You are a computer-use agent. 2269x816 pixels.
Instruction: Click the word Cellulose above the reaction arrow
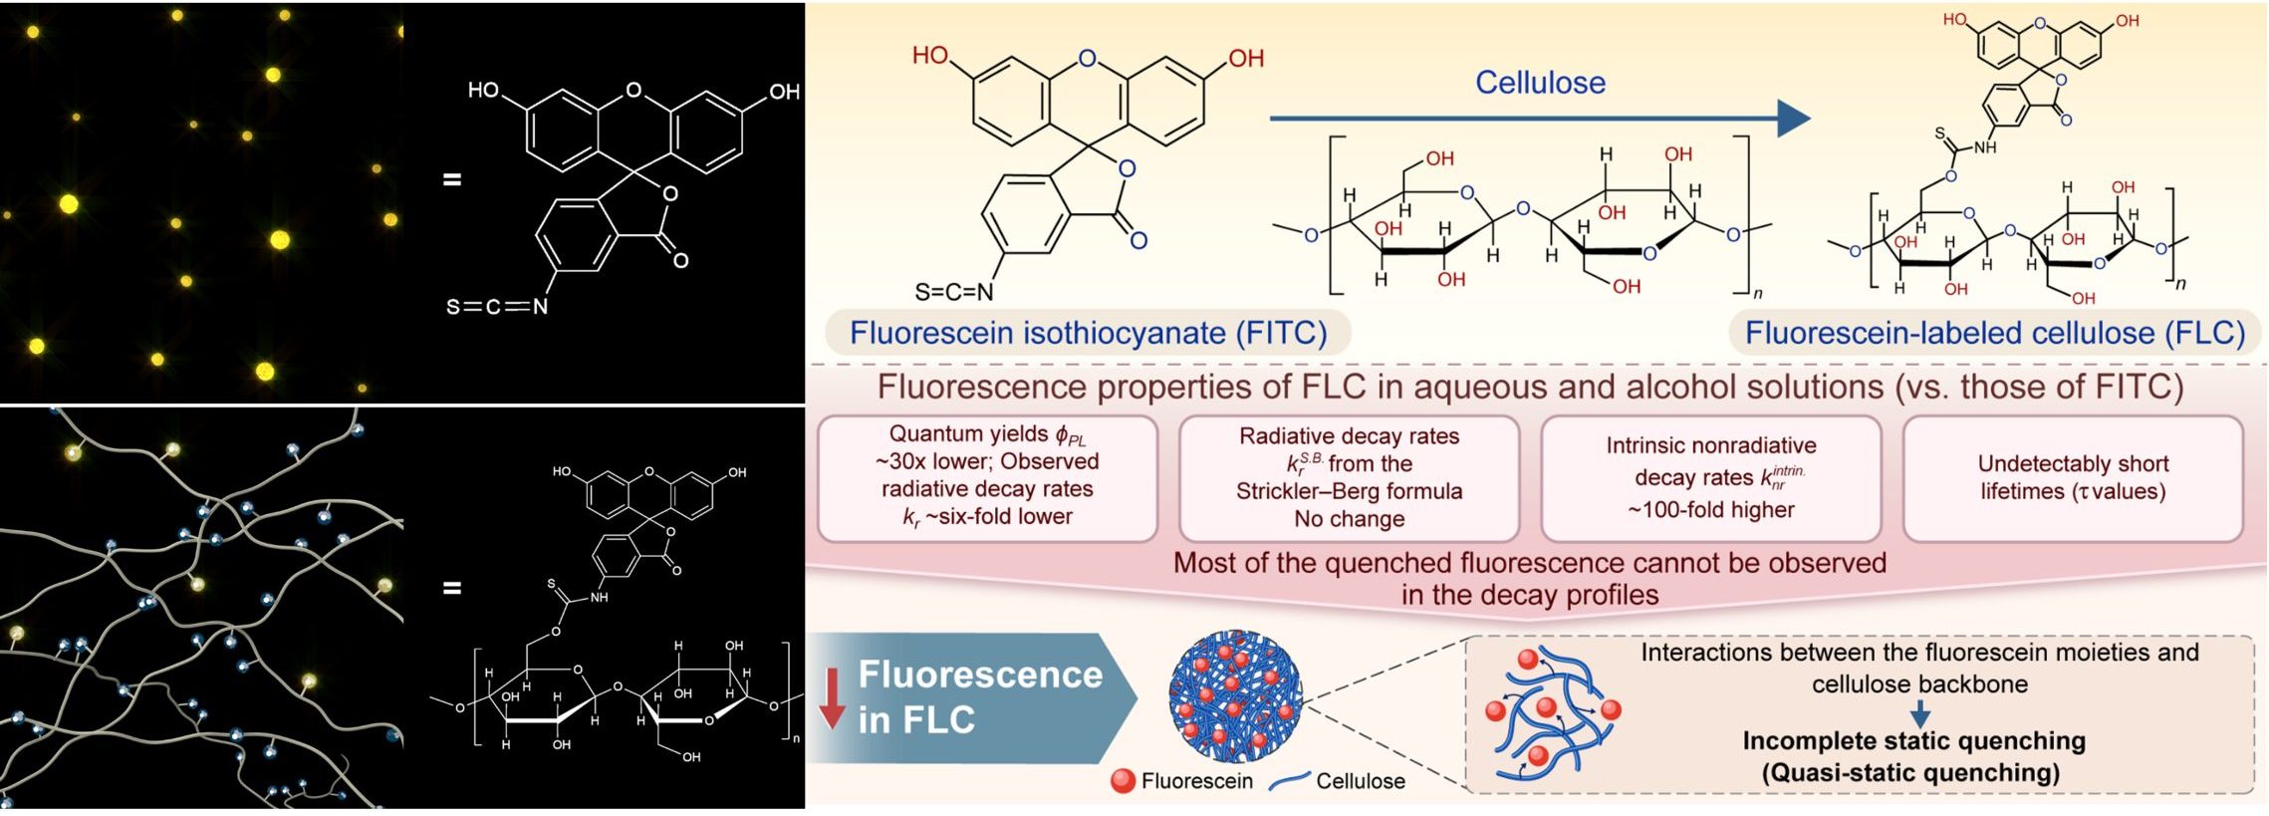1540,83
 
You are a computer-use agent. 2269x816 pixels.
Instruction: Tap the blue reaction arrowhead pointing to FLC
1794,119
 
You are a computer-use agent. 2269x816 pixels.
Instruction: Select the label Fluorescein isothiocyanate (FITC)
1088,333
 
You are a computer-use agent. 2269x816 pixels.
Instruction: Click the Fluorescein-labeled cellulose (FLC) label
1994,333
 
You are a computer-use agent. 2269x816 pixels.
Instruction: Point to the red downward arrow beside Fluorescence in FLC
832,699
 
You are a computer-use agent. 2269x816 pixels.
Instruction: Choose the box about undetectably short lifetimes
2073,478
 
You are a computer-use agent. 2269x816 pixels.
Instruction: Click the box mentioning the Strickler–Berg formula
1349,477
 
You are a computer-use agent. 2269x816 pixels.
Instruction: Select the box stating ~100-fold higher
1710,478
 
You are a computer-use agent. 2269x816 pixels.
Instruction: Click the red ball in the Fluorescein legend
1123,781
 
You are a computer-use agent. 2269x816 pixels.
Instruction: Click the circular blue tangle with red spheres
1235,695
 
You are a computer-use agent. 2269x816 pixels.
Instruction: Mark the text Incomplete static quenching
1913,741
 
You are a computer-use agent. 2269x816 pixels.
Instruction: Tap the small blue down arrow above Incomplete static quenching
1920,714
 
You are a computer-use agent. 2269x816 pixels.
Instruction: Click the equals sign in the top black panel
452,180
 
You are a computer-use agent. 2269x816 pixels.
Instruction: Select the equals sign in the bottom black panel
452,588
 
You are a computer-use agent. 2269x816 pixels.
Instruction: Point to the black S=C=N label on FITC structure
954,292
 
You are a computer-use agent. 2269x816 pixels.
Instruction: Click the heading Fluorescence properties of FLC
1529,387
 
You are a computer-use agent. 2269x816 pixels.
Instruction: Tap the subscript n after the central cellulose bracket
1758,293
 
